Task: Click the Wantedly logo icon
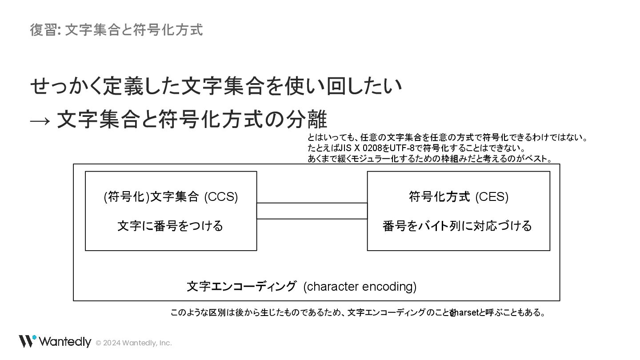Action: click(27, 341)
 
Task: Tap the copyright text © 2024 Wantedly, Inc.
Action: click(134, 343)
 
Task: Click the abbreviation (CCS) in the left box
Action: click(221, 196)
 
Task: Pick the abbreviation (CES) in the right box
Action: click(492, 196)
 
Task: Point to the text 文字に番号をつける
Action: click(170, 226)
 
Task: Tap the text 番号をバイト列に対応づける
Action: click(457, 226)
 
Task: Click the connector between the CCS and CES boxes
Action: click(312, 211)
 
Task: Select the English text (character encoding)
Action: click(360, 287)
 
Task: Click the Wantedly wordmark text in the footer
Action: click(65, 342)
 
